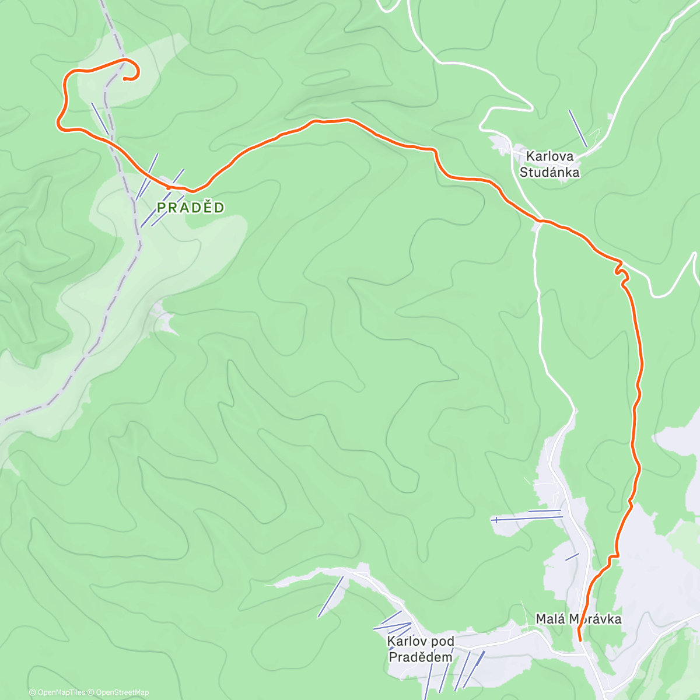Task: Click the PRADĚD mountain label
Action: [x=190, y=208]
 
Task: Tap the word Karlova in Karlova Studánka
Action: [x=549, y=156]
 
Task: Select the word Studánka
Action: [x=549, y=172]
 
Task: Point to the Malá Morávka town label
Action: [x=578, y=619]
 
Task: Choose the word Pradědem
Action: [x=420, y=657]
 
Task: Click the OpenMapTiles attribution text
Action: [x=57, y=692]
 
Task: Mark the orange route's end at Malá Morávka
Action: [x=579, y=640]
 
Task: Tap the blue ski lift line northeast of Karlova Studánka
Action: [x=577, y=128]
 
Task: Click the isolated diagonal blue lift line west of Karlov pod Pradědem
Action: [x=330, y=597]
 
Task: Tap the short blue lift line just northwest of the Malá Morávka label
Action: [x=572, y=556]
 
